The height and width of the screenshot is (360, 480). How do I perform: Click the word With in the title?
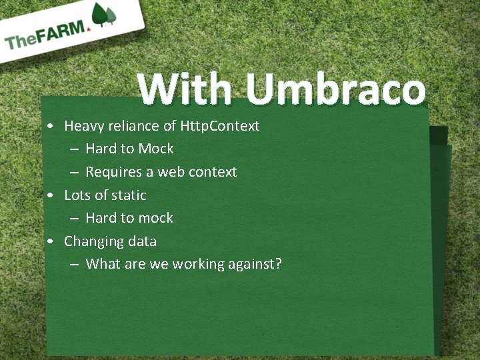[185, 89]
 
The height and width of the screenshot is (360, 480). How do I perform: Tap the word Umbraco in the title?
[335, 89]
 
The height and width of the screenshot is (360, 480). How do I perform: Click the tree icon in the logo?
[103, 15]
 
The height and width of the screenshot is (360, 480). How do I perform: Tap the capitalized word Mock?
[156, 149]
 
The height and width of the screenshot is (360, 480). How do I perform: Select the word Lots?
[77, 195]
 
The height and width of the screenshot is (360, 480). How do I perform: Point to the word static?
[129, 195]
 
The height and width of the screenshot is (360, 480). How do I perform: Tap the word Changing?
[91, 241]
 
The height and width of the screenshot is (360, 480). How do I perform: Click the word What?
[103, 264]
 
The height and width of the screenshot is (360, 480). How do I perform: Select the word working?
[199, 265]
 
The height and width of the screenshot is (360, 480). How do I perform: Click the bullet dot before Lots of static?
[51, 196]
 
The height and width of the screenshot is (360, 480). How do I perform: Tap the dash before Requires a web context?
[74, 173]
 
